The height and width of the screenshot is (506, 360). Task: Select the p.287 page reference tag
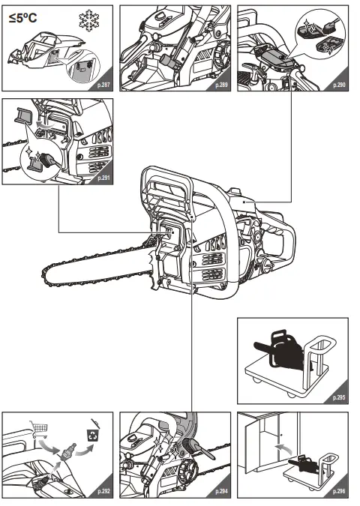pyautogui.click(x=103, y=86)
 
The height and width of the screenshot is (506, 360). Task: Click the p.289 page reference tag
pyautogui.click(x=221, y=86)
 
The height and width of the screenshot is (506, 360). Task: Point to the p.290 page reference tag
pyautogui.click(x=337, y=86)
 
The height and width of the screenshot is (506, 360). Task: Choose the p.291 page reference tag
pyautogui.click(x=103, y=178)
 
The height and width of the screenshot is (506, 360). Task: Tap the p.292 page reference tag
pyautogui.click(x=103, y=492)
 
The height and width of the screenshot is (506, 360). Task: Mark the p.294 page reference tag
pyautogui.click(x=221, y=492)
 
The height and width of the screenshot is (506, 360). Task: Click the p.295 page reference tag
pyautogui.click(x=337, y=399)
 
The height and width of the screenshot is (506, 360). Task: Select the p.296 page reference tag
pyautogui.click(x=337, y=492)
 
